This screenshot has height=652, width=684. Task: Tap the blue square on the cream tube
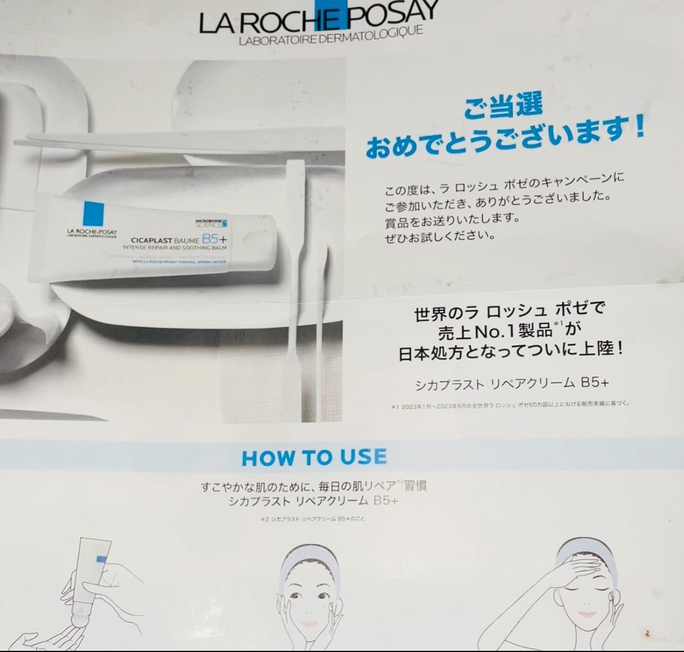pos(93,212)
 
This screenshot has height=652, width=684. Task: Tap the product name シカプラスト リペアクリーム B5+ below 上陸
pos(512,384)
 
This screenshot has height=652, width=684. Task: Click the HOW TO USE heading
pos(314,457)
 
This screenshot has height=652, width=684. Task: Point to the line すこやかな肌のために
pos(313,487)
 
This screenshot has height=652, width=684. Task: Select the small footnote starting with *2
pos(313,519)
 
